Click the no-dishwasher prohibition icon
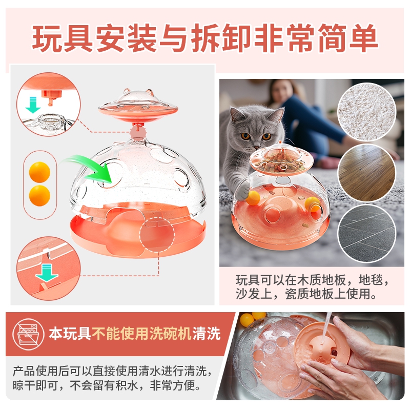pyautogui.click(x=29, y=334)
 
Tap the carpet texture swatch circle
pyautogui.click(x=366, y=112)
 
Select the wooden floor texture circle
pyautogui.click(x=366, y=173)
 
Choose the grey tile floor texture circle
pyautogui.click(x=366, y=234)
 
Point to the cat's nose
pyautogui.click(x=256, y=147)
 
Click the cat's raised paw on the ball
pyautogui.click(x=242, y=190)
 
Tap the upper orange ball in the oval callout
pyautogui.click(x=39, y=172)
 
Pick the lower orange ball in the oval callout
pyautogui.click(x=39, y=196)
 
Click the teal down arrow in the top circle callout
pyautogui.click(x=33, y=105)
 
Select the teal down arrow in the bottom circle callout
pyautogui.click(x=47, y=273)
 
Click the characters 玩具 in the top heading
pyautogui.click(x=62, y=37)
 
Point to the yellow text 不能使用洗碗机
pyautogui.click(x=141, y=334)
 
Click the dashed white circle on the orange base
pyautogui.click(x=157, y=235)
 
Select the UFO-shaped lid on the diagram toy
pyautogui.click(x=138, y=104)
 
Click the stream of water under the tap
pyautogui.click(x=326, y=327)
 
